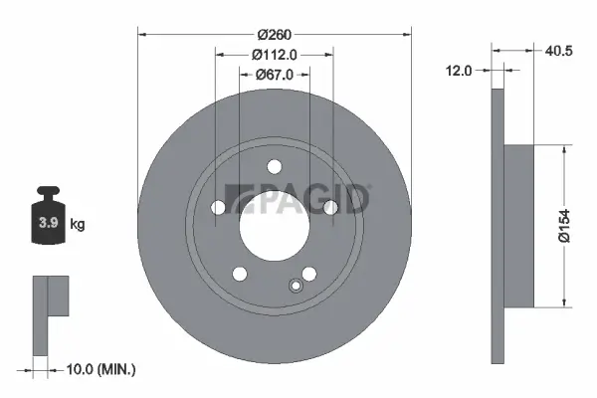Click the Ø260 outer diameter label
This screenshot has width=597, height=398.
[x=274, y=34]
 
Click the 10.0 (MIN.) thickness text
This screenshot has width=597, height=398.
[x=99, y=369]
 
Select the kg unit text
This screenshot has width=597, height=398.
[x=78, y=225]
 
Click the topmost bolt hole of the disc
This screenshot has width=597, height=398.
[x=275, y=165]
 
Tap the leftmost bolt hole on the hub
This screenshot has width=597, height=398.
[x=218, y=207]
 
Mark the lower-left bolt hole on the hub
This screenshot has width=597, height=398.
[x=239, y=274]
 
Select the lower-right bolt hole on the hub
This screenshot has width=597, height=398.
[x=309, y=274]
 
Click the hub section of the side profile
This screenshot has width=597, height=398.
[x=518, y=225]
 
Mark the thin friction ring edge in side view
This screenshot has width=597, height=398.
[x=498, y=225]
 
